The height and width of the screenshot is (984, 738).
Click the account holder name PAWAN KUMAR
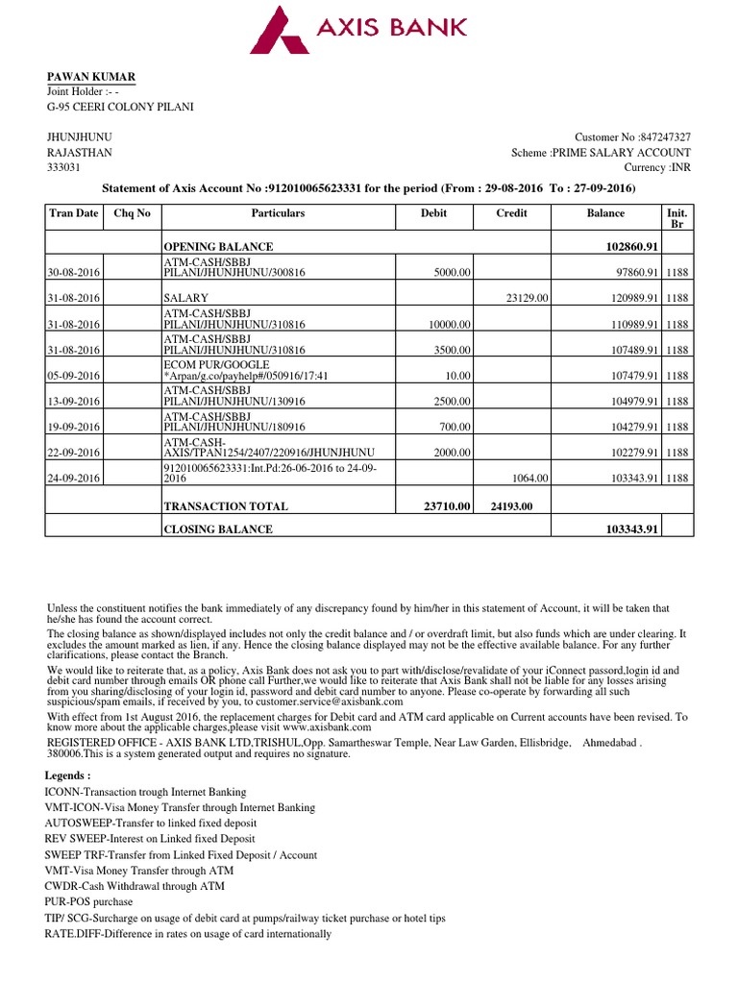click(91, 76)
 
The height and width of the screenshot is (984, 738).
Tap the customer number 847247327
click(665, 137)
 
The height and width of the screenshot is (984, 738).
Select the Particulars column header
click(278, 213)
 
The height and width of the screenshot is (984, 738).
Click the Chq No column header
click(132, 213)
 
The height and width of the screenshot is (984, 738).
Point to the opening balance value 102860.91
click(625, 247)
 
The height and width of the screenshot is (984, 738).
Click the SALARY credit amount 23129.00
click(527, 300)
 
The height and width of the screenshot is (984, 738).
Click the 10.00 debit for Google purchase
click(458, 376)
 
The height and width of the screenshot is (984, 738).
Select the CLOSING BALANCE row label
click(218, 529)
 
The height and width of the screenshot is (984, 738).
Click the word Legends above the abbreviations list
click(68, 775)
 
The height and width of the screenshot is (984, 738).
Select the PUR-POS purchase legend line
click(88, 902)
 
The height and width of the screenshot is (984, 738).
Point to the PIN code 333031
click(64, 167)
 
